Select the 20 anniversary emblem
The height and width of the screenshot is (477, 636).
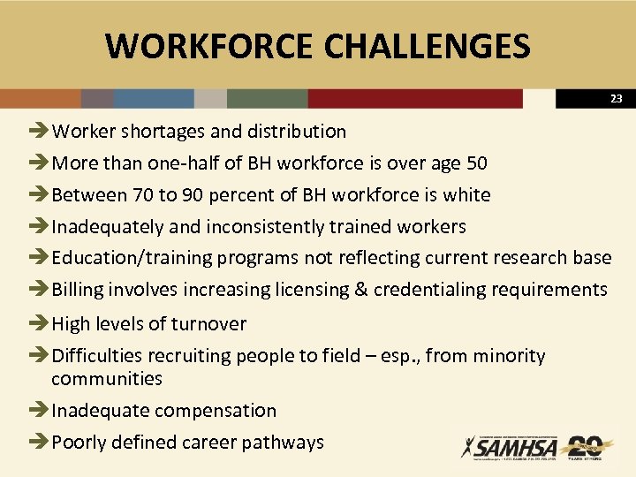click(586, 447)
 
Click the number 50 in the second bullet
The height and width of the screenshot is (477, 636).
click(475, 163)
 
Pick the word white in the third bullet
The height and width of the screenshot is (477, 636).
click(466, 195)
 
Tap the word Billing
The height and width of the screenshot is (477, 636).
click(79, 290)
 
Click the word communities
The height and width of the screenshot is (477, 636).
click(107, 379)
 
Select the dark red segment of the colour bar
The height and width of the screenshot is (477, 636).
click(415, 98)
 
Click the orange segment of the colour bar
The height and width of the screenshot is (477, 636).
click(40, 98)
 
